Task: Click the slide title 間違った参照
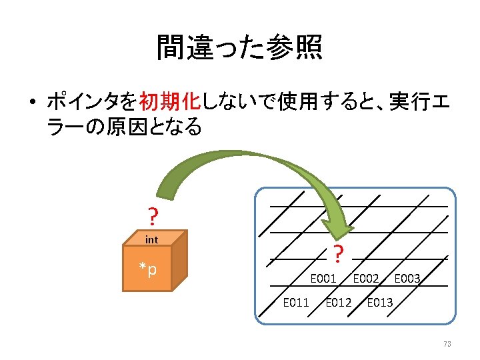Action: point(239,47)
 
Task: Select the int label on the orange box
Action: point(152,239)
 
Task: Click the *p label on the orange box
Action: point(148,269)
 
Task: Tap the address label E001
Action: point(323,278)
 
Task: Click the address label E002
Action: point(366,278)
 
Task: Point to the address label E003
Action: point(407,278)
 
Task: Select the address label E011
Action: point(296,303)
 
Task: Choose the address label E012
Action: point(338,303)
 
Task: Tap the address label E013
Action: point(380,303)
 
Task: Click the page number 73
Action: point(447,344)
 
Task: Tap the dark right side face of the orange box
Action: point(180,263)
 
